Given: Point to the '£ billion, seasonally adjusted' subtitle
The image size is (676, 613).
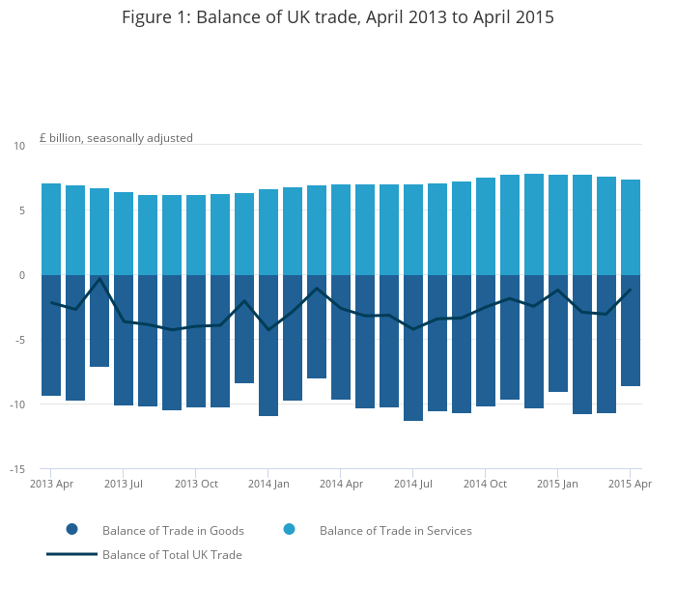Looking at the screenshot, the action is coord(116,138).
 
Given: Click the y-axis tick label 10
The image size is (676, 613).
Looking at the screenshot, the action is coord(19,146).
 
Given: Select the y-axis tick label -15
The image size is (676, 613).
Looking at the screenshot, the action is coord(17,469).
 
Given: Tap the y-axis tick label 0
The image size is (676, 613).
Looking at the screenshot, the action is coord(22,275).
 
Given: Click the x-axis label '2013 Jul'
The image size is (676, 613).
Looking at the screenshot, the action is coord(124,484).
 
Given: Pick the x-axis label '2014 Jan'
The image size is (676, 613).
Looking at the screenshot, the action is coord(268,484).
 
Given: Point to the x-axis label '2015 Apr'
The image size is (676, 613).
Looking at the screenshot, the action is coord(630,484).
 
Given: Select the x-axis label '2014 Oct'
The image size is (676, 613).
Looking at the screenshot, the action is coord(485,484).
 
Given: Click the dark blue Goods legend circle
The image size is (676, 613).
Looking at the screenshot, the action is coord(72,529).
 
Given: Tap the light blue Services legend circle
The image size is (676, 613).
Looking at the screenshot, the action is coord(290,529).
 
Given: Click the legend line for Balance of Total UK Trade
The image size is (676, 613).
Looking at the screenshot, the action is coord(72,554).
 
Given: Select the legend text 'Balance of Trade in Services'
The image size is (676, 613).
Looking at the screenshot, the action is coord(396,531).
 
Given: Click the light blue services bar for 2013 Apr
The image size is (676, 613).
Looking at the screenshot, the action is coord(51,230).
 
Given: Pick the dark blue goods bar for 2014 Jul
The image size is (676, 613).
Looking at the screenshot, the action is coord(413,348).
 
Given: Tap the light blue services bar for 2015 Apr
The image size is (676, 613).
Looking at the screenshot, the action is coord(631,227).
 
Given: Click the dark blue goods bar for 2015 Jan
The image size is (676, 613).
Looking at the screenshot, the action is coord(558,333).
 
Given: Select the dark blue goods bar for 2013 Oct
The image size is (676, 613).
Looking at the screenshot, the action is coord(196,341).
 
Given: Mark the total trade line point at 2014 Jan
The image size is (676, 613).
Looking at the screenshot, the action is coord(268,329).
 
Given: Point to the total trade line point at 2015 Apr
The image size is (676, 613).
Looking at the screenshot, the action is coord(631,290).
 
